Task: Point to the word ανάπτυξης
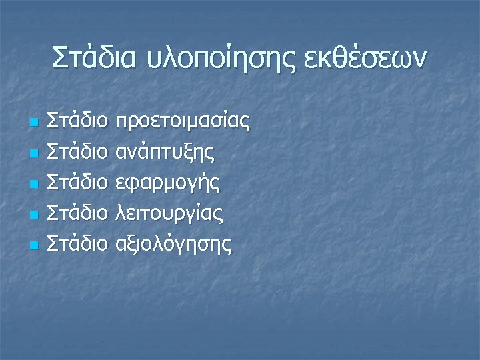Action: pos(165,153)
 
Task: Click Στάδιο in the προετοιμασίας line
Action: pos(79,121)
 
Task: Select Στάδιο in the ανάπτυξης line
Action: pos(79,152)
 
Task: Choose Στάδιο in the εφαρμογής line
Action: pos(79,183)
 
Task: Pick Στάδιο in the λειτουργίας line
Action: pos(79,213)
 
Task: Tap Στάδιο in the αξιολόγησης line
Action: pos(79,244)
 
